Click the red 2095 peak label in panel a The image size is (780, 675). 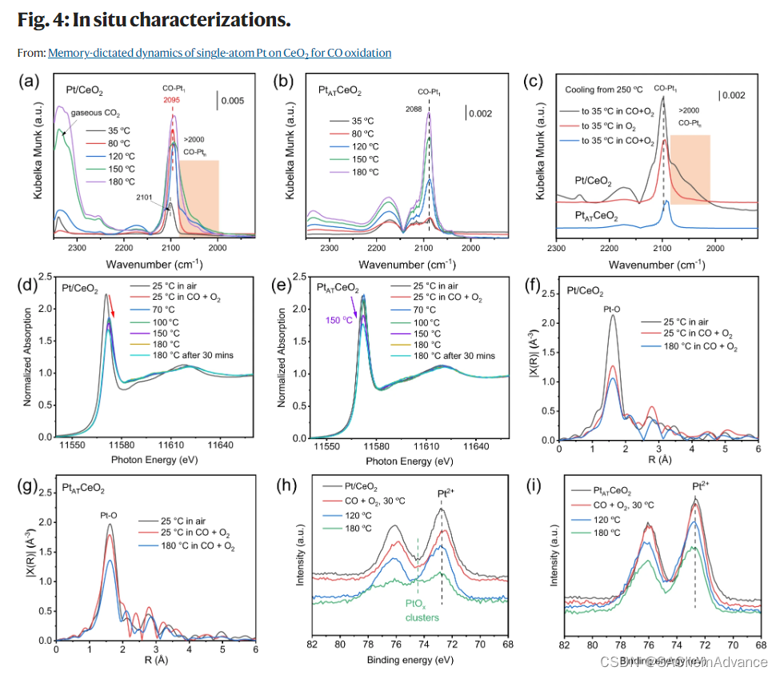point(173,101)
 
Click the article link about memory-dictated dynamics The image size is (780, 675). point(219,53)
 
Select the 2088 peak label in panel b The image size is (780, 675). point(413,110)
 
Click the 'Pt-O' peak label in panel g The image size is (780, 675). point(110,515)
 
